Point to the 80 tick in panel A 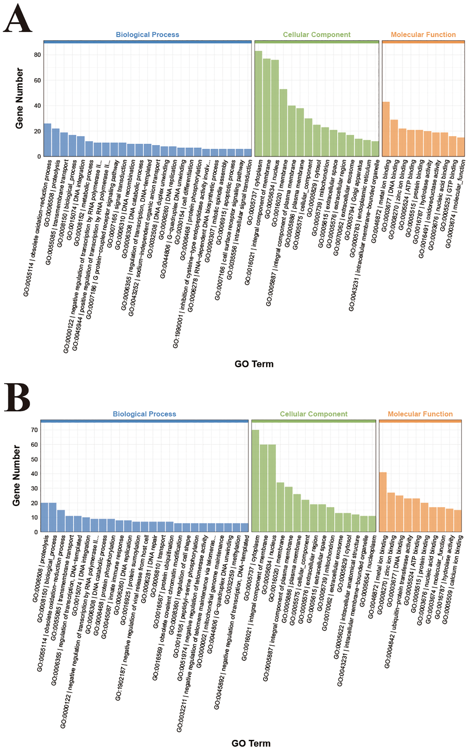pyautogui.click(x=37, y=55)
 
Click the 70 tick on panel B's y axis pyautogui.click(x=34, y=430)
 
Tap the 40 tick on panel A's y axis pyautogui.click(x=37, y=106)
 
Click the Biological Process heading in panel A pyautogui.click(x=147, y=35)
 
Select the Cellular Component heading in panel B pyautogui.click(x=313, y=414)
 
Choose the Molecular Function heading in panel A pyautogui.click(x=423, y=35)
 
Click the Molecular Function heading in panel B pyautogui.click(x=420, y=414)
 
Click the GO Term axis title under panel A pyautogui.click(x=254, y=364)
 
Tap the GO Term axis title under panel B pyautogui.click(x=251, y=743)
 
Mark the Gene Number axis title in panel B pyautogui.click(x=16, y=475)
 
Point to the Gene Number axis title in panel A pyautogui.click(x=19, y=98)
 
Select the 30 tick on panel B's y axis pyautogui.click(x=34, y=488)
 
